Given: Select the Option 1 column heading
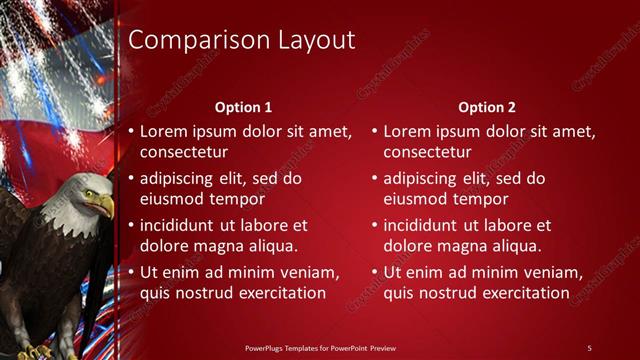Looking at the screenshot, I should point(243,107).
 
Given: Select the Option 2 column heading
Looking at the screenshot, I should point(486,107).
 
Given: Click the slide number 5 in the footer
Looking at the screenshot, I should point(589,347).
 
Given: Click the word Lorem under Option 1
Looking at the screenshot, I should point(163,132).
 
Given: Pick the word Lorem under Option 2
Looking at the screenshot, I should point(407,132).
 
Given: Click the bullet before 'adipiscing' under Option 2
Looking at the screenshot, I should point(375,179).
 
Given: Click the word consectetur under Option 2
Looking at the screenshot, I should point(430,152).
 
